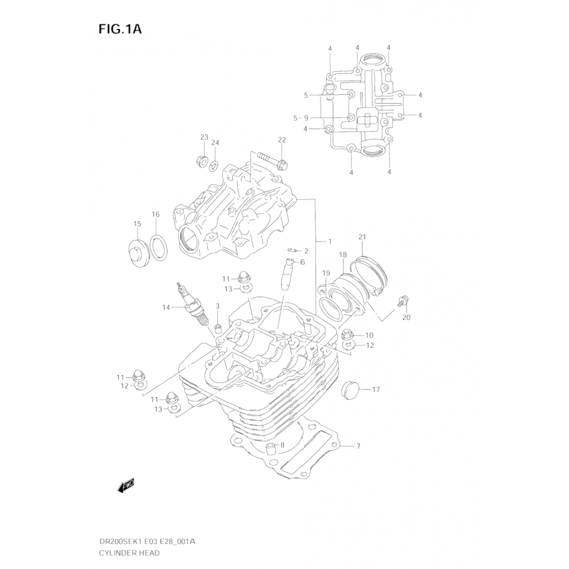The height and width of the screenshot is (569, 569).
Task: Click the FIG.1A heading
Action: (x=120, y=29)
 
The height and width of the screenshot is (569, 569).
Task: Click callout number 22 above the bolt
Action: (x=281, y=140)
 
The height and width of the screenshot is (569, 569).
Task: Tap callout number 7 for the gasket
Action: (x=358, y=446)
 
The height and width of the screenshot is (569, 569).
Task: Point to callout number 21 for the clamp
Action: (x=362, y=237)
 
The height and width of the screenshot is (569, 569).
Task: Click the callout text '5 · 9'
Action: (x=301, y=118)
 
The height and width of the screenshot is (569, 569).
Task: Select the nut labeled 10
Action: (x=347, y=335)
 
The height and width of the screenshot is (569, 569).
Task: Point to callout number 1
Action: (x=330, y=241)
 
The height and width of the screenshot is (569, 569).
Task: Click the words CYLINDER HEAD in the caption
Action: (x=129, y=553)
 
